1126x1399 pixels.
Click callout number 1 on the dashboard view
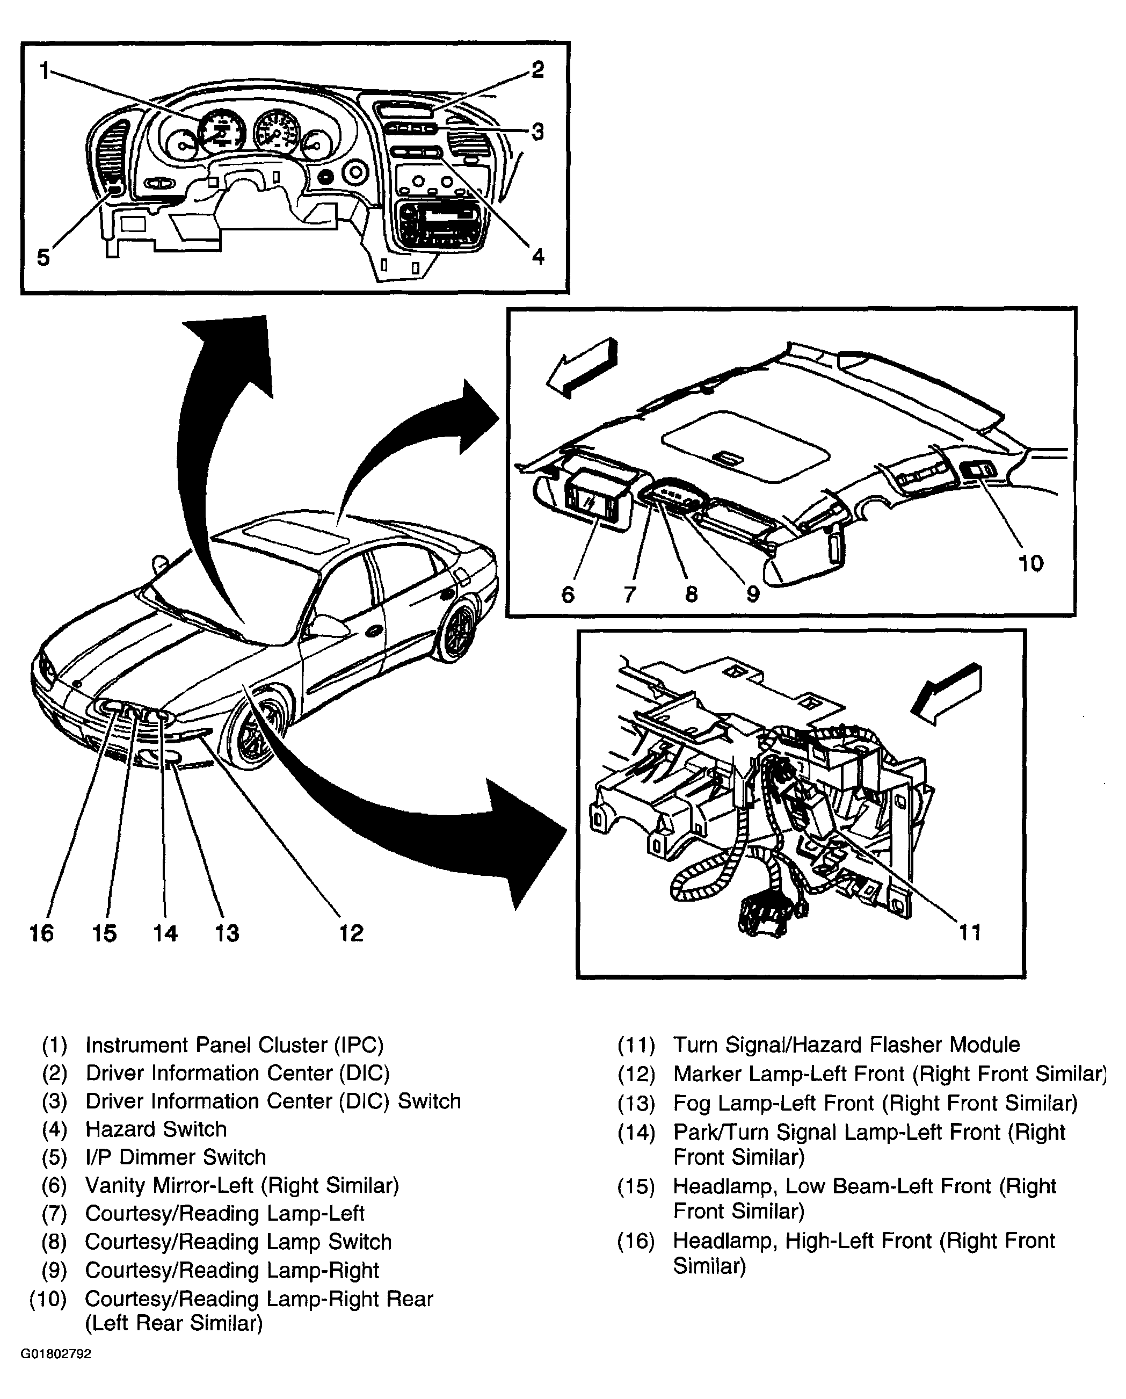[44, 70]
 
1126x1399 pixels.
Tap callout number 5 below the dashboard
[43, 258]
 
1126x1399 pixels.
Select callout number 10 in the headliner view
[1030, 563]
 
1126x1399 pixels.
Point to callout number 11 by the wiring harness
[970, 932]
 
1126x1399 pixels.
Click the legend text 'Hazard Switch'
[156, 1129]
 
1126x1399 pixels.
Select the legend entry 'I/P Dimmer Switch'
[176, 1157]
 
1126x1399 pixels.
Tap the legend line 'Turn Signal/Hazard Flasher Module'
[846, 1045]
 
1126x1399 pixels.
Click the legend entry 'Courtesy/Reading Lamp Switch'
[239, 1241]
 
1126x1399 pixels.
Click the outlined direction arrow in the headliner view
[582, 367]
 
